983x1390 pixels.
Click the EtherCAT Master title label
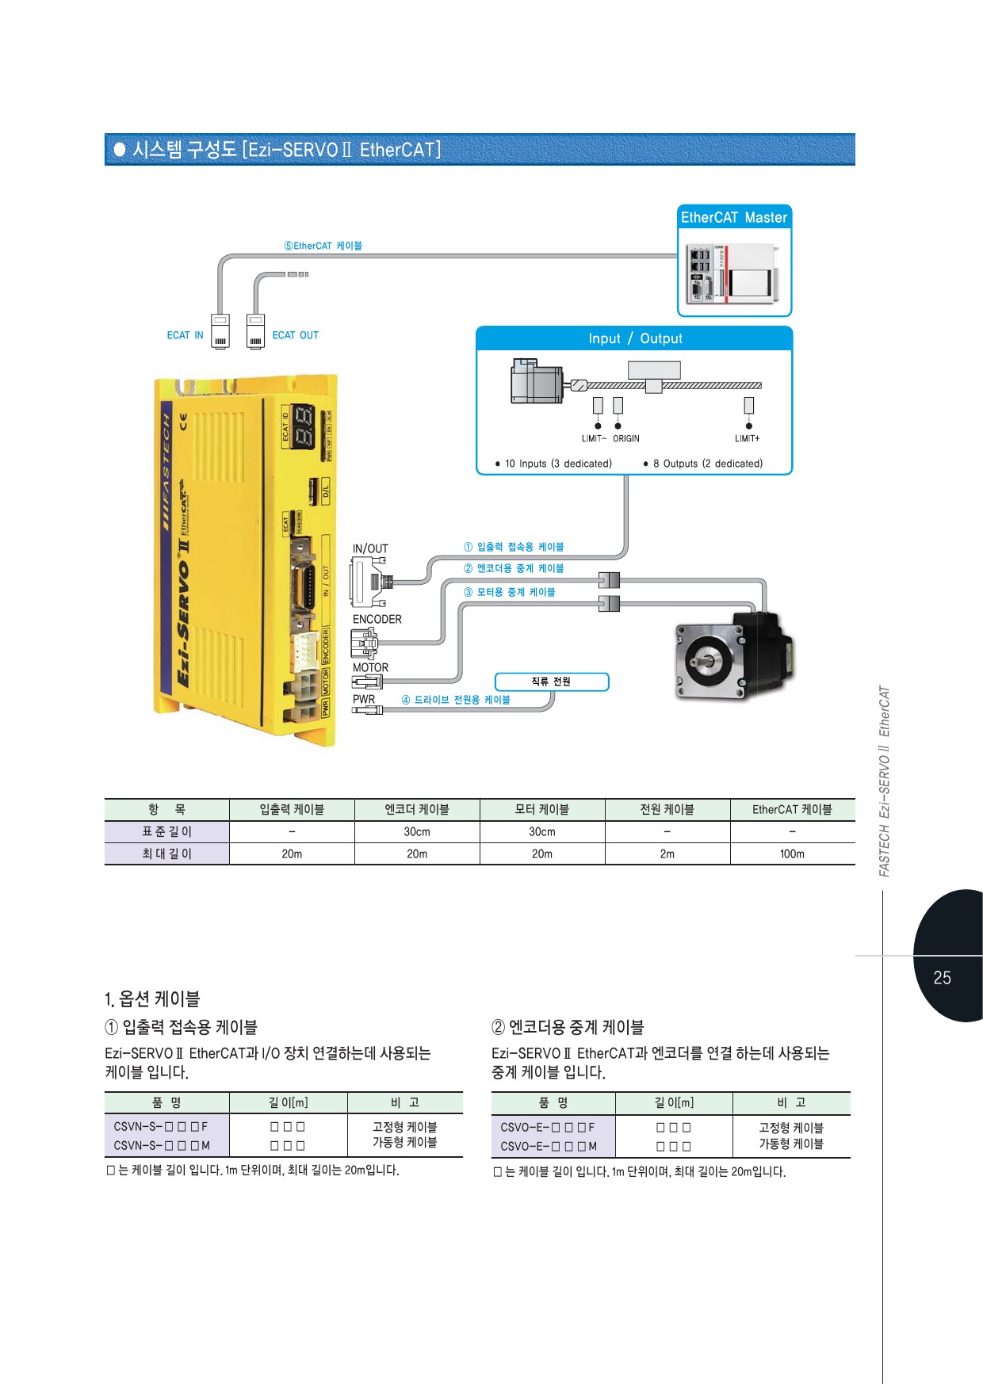coord(734,217)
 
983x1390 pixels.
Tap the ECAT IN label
coord(185,335)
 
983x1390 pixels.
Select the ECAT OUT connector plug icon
coord(255,331)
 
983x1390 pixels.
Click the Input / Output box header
coord(634,338)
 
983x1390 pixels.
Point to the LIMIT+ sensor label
coord(747,438)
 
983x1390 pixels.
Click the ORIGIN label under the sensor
coord(625,438)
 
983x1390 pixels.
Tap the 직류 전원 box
coord(551,682)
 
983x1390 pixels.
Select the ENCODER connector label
coord(377,619)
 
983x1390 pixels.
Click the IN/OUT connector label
coord(370,548)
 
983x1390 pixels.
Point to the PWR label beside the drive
coord(364,699)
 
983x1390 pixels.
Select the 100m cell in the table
coord(792,853)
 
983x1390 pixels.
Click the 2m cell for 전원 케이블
coord(667,853)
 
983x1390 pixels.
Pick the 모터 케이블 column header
coord(542,809)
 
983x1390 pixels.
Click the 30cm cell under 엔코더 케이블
coord(417,831)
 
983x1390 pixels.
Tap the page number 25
coord(942,978)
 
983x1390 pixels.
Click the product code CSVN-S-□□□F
coord(160,1126)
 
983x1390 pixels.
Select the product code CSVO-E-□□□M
coord(549,1146)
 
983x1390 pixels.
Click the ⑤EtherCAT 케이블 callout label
coord(323,246)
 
